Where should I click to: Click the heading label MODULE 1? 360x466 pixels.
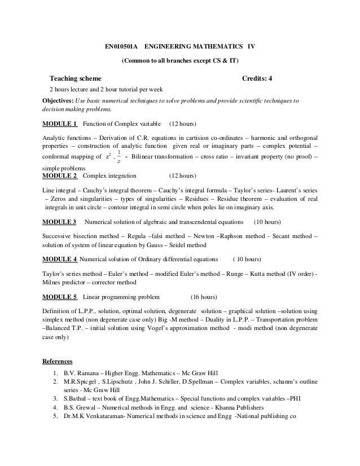(x=60, y=122)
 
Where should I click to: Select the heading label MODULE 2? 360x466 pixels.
(x=60, y=176)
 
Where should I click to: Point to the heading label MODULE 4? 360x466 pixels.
(x=60, y=260)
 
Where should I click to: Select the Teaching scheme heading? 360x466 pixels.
(x=76, y=79)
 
